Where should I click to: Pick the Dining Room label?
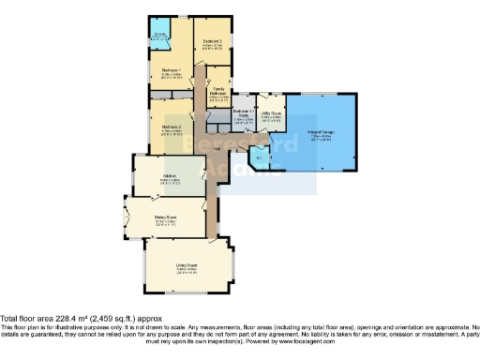pos(167,217)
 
